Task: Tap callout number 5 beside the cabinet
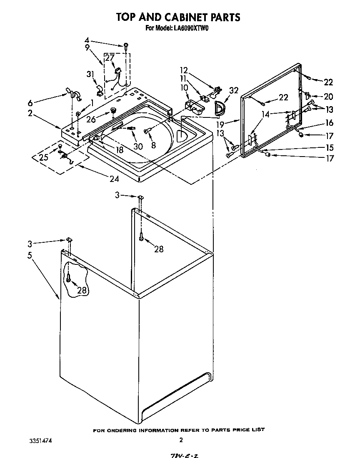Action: (30, 256)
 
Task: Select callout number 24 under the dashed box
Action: (114, 179)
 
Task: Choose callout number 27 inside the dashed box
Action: (109, 58)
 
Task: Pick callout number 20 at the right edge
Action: (328, 96)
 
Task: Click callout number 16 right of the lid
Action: (329, 123)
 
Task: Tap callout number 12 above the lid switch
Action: (184, 70)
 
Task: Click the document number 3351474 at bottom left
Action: (41, 440)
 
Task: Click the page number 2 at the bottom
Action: (181, 440)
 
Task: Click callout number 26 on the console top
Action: (91, 119)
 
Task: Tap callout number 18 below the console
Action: (120, 150)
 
